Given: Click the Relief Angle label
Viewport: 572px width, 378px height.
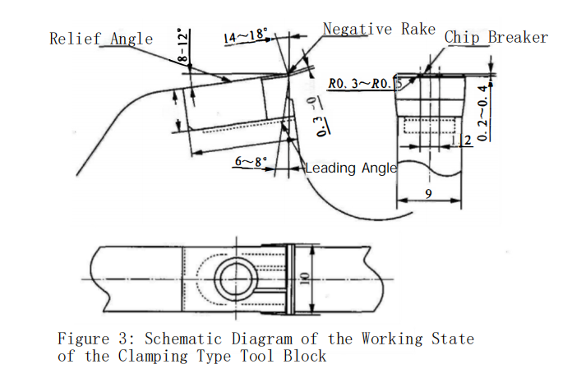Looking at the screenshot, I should [101, 38].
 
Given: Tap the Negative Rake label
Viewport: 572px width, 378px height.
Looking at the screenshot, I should [379, 29].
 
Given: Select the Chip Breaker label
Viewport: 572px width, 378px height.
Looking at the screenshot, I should [496, 37].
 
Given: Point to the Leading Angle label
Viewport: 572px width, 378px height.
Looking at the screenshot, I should [351, 168].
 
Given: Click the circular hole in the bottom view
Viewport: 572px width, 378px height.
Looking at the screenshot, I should [233, 280].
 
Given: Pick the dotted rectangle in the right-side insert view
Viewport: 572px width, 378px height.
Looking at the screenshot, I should [427, 124].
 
